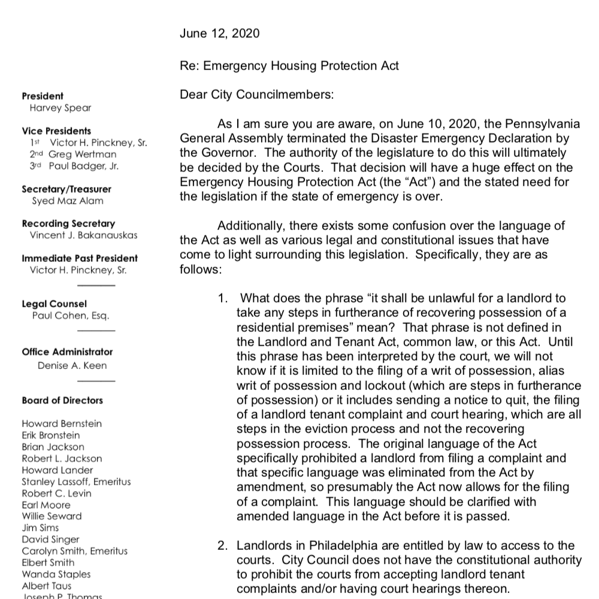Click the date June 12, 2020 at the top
pos(219,34)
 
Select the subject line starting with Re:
pos(289,66)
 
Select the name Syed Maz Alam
pos(68,201)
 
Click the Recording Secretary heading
pos(68,223)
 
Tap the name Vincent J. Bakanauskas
pos(84,235)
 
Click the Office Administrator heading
pos(67,352)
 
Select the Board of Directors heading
pos(62,400)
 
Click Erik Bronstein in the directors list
pos(50,435)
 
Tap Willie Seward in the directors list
pos(52,516)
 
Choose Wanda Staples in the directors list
pos(56,574)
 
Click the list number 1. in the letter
pos(223,298)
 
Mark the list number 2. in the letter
pos(222,546)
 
